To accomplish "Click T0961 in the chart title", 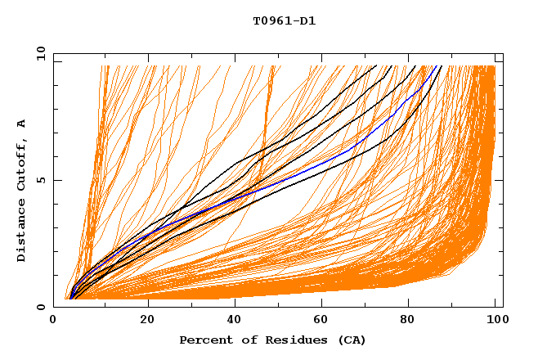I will point(271,21).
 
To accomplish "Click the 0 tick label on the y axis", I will point(41,307).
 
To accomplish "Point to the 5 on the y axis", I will point(41,180).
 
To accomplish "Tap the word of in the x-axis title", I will point(248,340).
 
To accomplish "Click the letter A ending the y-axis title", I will point(21,123).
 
